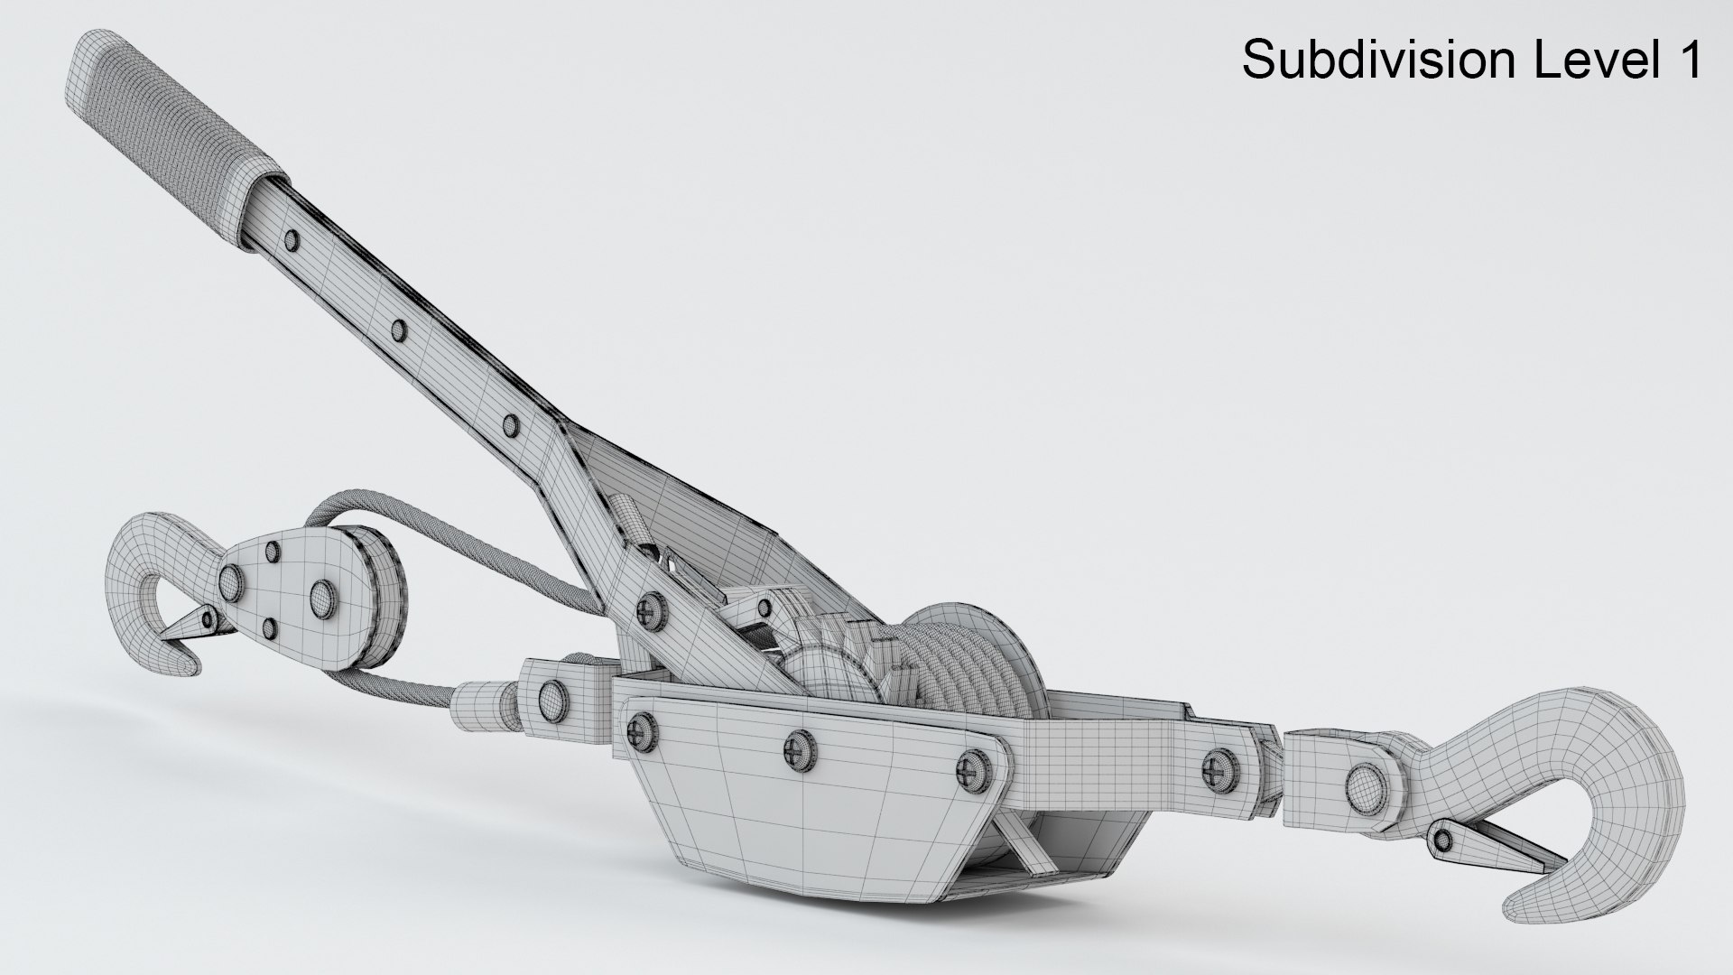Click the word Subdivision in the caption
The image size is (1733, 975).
[1371, 60]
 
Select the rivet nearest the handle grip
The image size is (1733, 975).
[292, 240]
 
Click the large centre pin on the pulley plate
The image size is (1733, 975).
[322, 594]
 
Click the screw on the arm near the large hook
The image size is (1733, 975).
[1220, 741]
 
